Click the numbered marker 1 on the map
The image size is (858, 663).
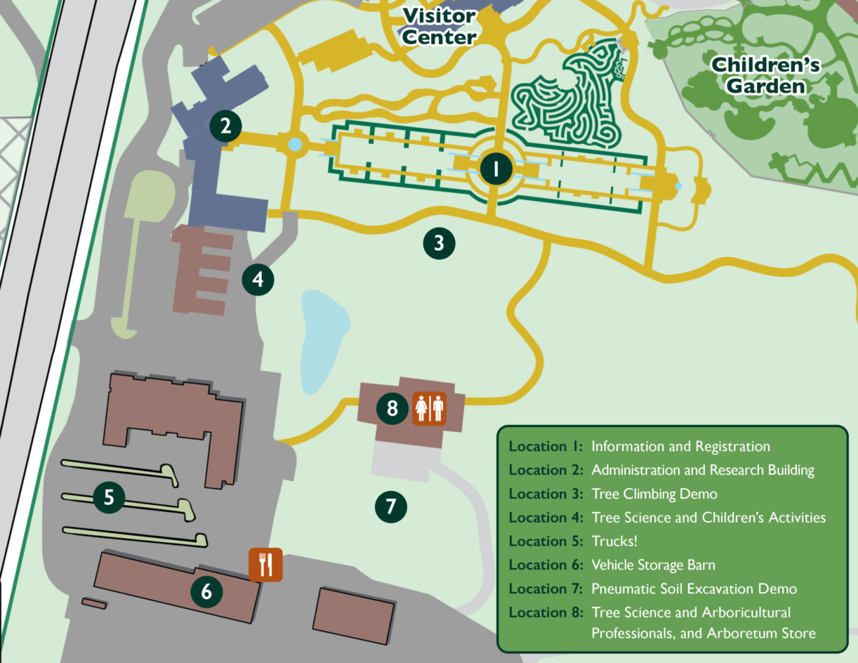point(496,169)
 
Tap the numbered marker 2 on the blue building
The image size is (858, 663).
point(225,126)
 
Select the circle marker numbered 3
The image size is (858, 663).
point(439,244)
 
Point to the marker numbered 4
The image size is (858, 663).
point(258,280)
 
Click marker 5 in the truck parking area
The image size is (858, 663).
point(109,497)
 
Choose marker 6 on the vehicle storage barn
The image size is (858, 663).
point(206,591)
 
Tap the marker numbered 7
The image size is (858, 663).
point(391,506)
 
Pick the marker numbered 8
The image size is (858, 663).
point(392,407)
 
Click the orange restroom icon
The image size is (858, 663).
point(428,408)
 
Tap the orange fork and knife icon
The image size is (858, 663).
point(265,565)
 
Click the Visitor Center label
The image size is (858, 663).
point(440,26)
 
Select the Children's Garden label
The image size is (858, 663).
point(765,75)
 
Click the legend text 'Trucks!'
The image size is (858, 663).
point(614,541)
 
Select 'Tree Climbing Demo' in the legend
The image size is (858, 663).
point(654,494)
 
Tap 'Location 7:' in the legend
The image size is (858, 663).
point(546,589)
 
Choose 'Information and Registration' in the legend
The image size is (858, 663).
point(680,447)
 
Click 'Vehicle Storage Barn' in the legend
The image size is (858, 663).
point(653,565)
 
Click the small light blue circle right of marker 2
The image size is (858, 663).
point(295,145)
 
